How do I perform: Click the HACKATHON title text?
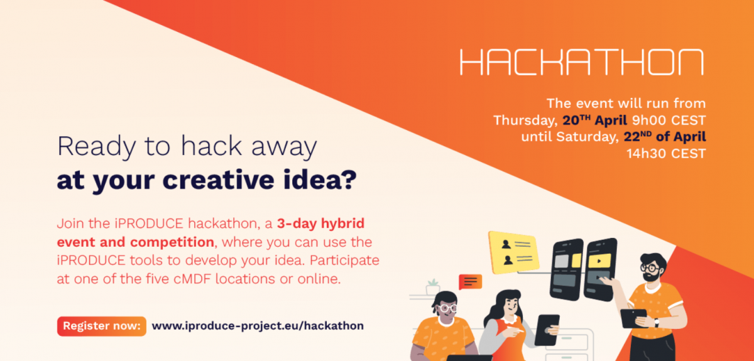pos(582,62)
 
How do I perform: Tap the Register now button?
pos(102,326)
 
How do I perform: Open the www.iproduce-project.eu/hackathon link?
pos(258,326)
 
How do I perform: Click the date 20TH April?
pos(595,120)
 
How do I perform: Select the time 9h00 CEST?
pos(669,120)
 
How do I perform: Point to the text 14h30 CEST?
pos(666,154)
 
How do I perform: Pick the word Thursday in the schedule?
pos(525,121)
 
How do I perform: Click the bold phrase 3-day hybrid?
pos(321,224)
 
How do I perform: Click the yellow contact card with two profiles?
pos(513,252)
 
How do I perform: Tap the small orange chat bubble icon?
pos(470,282)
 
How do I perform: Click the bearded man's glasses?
pos(650,269)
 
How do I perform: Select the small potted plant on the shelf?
pos(433,287)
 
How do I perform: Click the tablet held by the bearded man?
pos(633,318)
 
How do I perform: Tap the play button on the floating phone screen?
pos(599,261)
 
